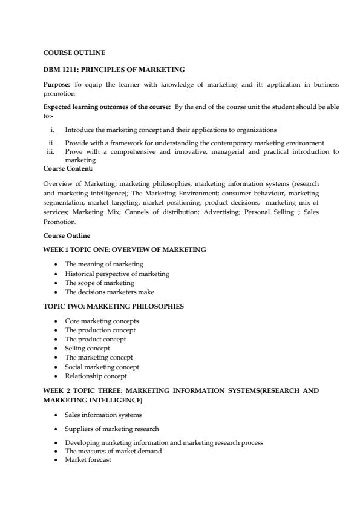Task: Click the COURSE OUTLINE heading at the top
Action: [x=74, y=53]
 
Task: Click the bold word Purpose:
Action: [x=57, y=84]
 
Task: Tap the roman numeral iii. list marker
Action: [x=51, y=152]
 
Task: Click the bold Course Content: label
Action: [x=67, y=168]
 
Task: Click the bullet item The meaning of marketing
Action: [x=103, y=264]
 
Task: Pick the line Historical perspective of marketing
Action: [x=117, y=274]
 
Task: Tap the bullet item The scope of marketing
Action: [x=99, y=283]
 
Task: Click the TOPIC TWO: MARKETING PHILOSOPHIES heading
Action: [x=114, y=306]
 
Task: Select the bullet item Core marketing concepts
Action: [x=102, y=321]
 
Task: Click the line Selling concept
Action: [x=87, y=349]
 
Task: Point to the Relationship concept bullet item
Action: [x=96, y=376]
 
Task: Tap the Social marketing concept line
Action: [x=102, y=367]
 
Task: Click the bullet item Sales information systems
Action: [x=103, y=415]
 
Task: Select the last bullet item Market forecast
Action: [x=88, y=459]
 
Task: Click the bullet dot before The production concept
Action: [x=56, y=330]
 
